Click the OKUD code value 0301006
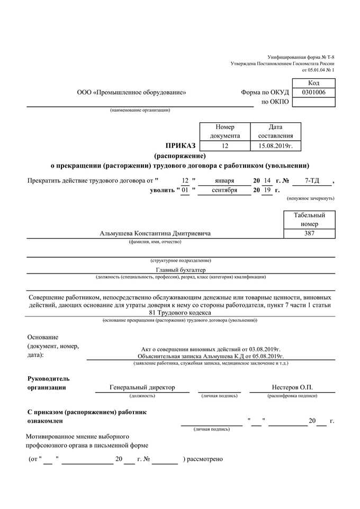[313, 93]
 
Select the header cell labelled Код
[313, 83]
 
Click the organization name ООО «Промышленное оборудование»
[131, 93]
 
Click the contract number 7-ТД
[312, 180]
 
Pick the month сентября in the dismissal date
[224, 190]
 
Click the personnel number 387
[309, 233]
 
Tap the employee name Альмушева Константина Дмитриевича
[155, 233]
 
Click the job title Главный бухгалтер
[181, 269]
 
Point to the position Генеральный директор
[142, 387]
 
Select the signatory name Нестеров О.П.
[292, 387]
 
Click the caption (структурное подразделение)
[181, 260]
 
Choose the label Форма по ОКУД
[265, 93]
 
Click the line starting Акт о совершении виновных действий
[211, 350]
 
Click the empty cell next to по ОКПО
[313, 102]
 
